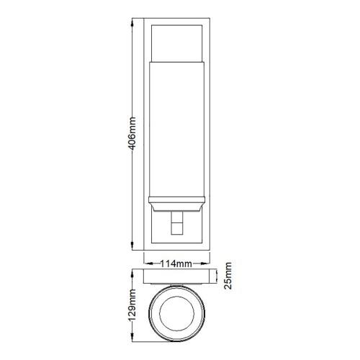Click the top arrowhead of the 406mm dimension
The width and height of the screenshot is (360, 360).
tap(131, 22)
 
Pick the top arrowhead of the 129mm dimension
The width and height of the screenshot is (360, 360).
tap(132, 274)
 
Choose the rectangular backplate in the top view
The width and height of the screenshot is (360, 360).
tap(177, 278)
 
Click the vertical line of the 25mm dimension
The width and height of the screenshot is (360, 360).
tap(217, 277)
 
